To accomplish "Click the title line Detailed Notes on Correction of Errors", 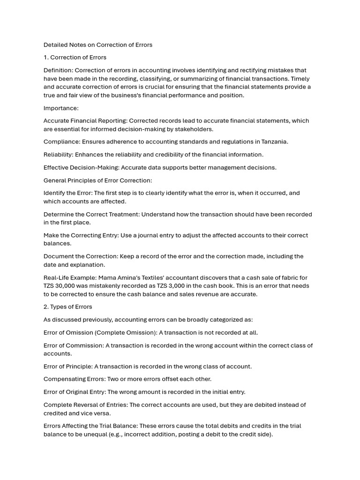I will (98, 45).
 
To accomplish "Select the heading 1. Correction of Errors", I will (75, 58).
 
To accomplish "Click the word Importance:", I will (61, 108).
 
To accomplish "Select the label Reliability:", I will (59, 155).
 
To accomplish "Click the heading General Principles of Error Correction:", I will (98, 180).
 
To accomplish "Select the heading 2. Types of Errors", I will (68, 307).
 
